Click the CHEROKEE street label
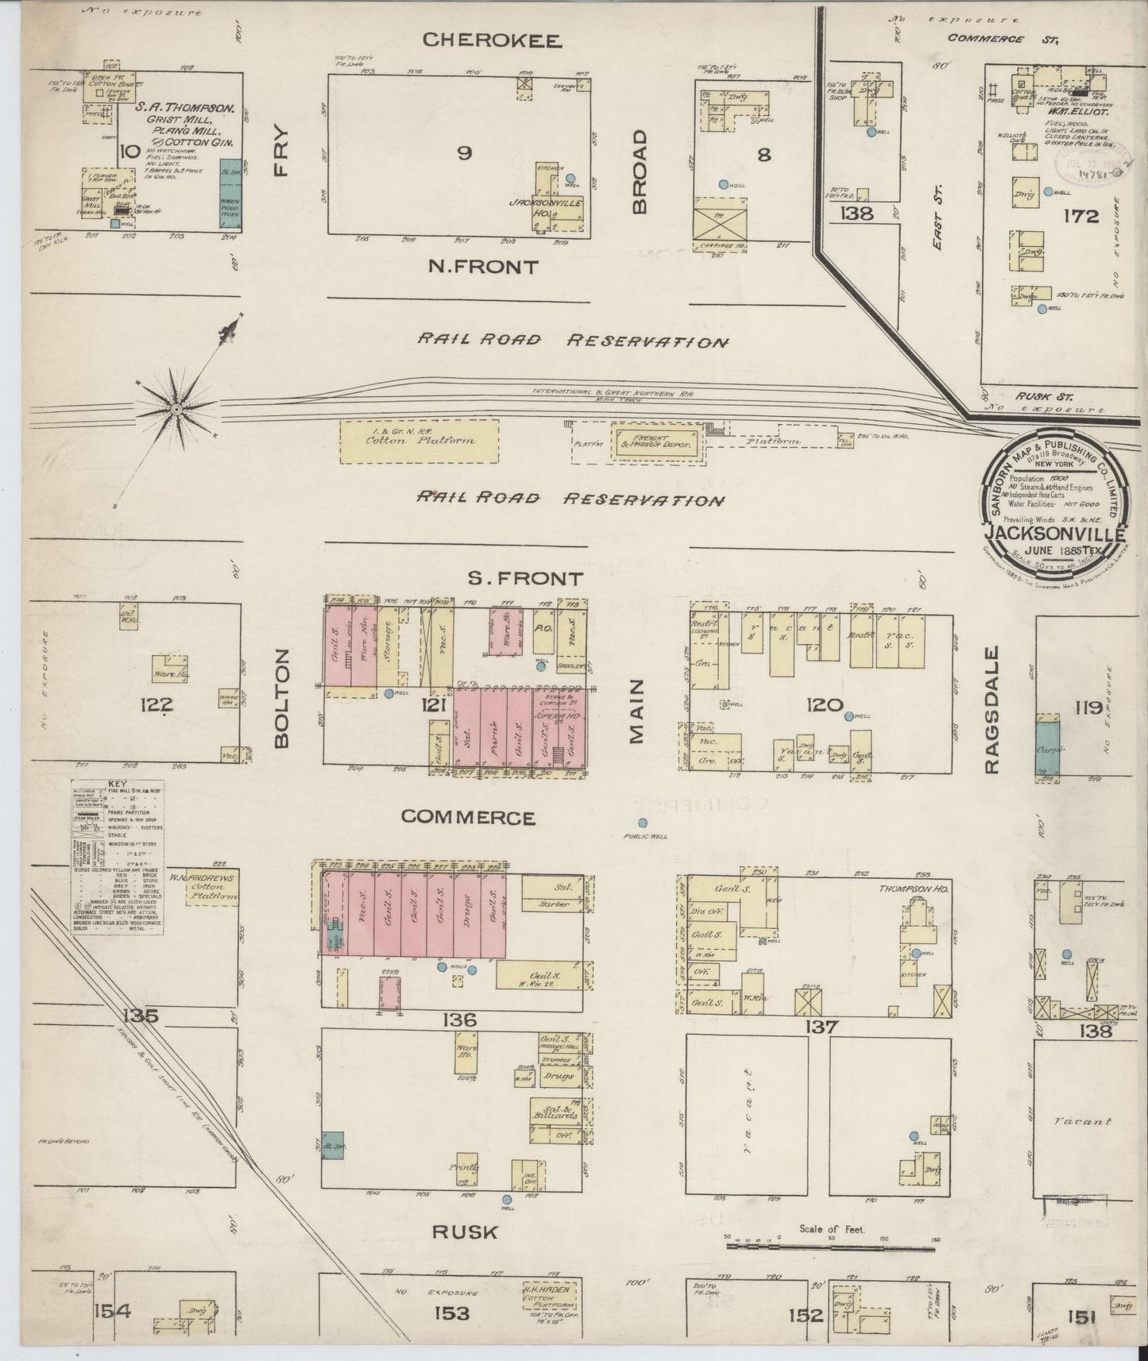(x=492, y=40)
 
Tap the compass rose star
(x=176, y=409)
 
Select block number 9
(x=463, y=153)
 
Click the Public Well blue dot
(x=642, y=823)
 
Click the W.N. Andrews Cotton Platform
(x=212, y=888)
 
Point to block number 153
(x=450, y=1313)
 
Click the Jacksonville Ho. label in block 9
(x=557, y=208)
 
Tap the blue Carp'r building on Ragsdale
(x=1046, y=746)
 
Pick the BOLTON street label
(x=282, y=698)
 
